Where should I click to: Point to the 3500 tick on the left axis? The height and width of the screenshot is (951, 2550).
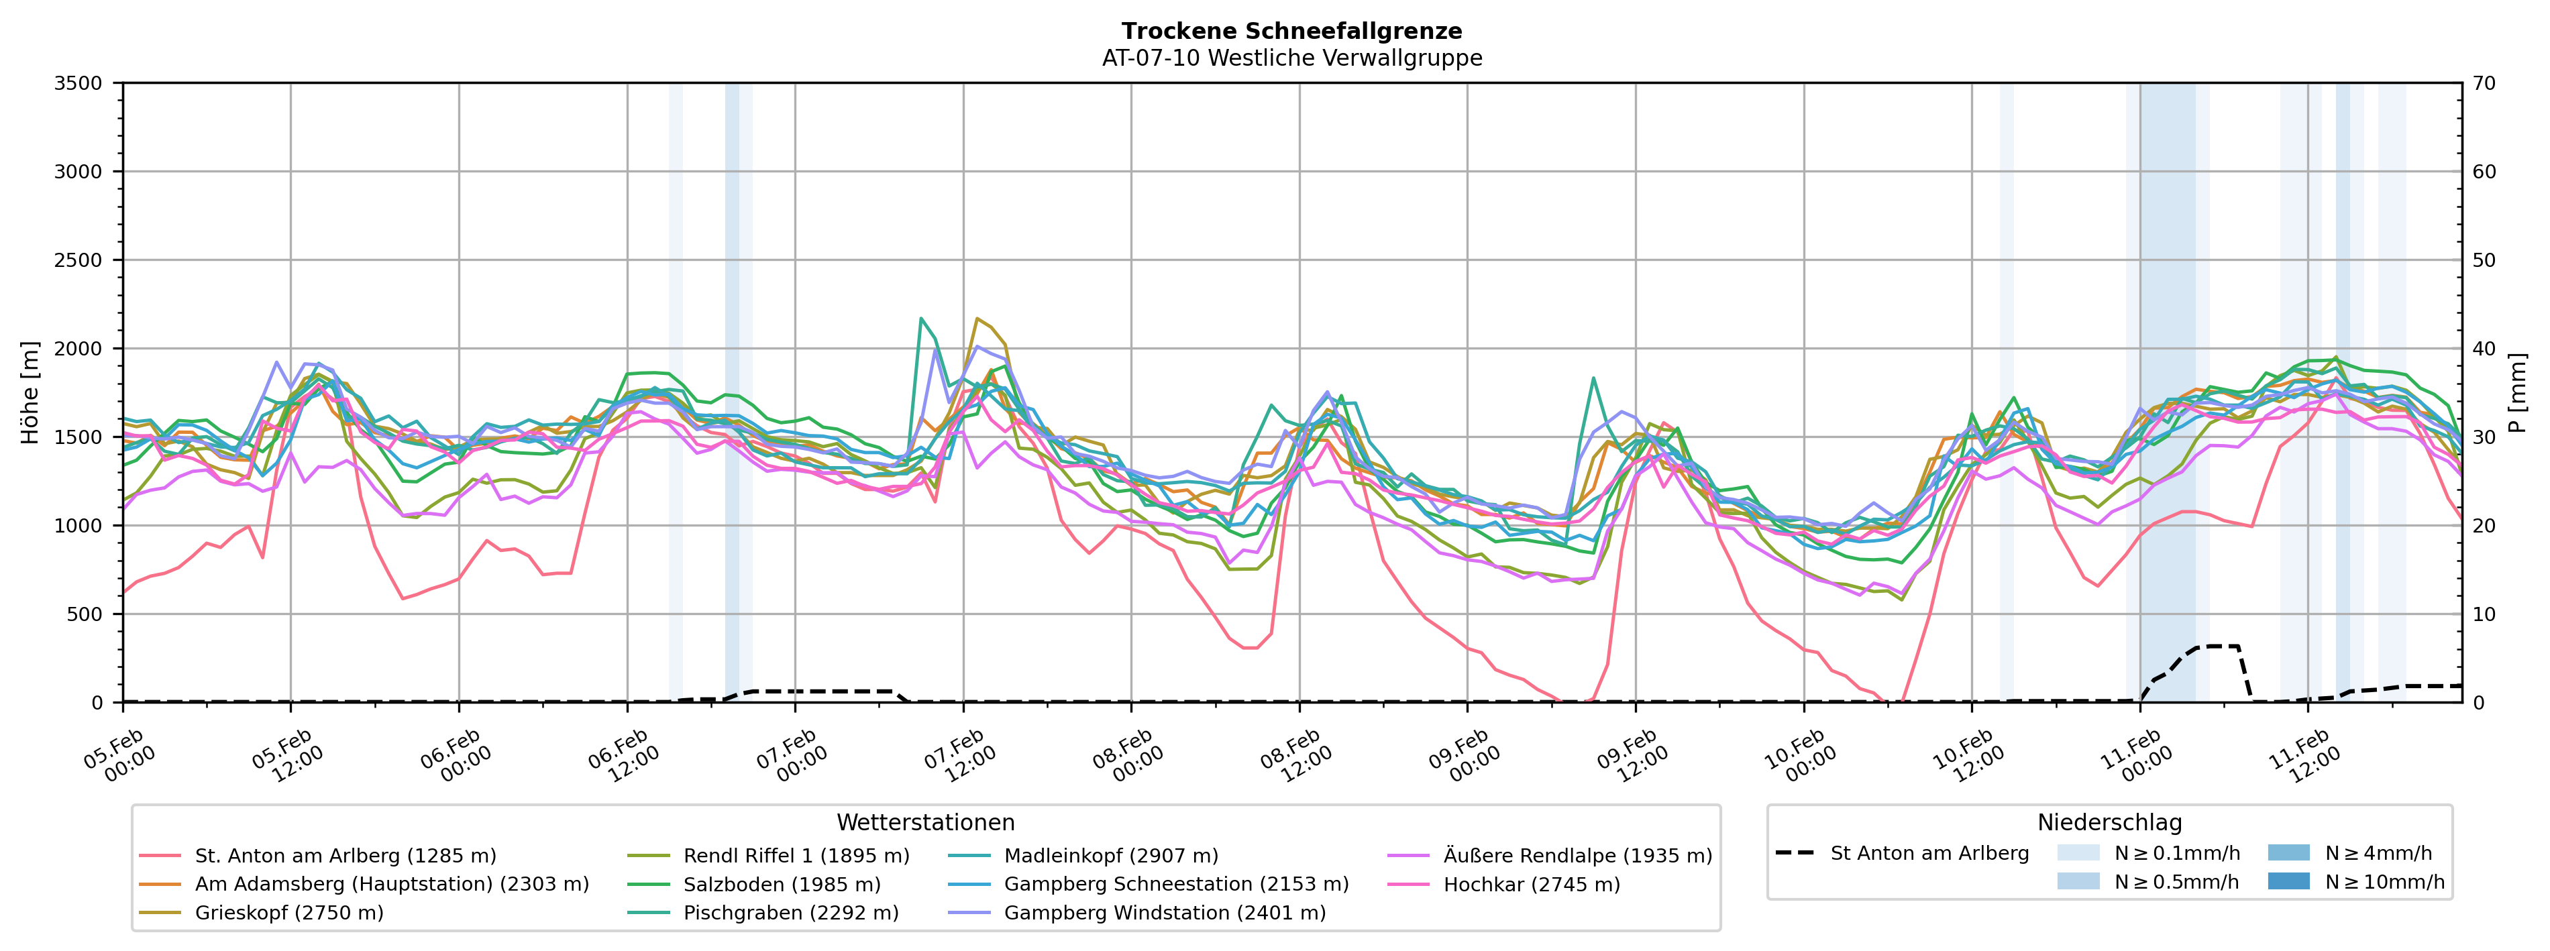tap(78, 83)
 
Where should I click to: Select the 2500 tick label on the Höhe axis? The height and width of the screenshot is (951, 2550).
tap(78, 260)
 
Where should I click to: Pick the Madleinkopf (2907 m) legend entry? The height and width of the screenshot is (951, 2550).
tap(1111, 855)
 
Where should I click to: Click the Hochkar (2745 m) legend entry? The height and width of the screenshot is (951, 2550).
tap(1532, 884)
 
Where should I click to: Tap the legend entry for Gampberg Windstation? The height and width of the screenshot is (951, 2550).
tap(1164, 912)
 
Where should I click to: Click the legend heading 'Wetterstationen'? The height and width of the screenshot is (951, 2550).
tap(926, 822)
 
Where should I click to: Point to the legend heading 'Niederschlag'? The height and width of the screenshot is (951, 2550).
tap(2109, 822)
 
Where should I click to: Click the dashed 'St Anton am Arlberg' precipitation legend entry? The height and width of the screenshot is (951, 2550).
tap(1928, 853)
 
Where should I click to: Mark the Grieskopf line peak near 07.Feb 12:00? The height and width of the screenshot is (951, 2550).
tap(977, 319)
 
